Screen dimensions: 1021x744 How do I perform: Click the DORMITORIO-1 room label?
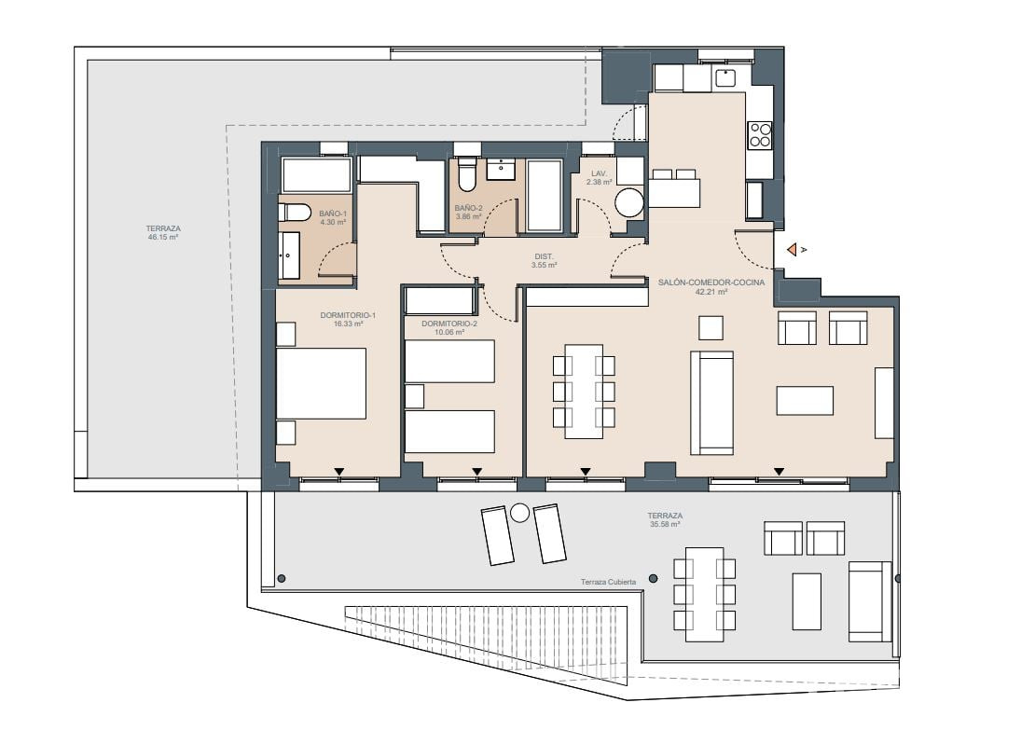pos(348,315)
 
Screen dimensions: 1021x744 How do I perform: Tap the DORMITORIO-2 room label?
pos(449,324)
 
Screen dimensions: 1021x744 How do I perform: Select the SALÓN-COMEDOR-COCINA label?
pos(711,282)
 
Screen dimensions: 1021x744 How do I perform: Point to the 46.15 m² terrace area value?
pos(163,238)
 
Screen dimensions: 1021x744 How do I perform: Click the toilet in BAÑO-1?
pos(293,213)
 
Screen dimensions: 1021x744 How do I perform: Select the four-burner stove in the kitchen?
pos(759,135)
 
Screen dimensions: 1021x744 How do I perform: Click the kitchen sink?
pos(724,78)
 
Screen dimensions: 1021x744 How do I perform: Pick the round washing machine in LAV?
pos(629,203)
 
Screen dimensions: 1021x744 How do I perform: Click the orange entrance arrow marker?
pos(792,249)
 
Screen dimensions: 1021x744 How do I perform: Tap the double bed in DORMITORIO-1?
pos(321,383)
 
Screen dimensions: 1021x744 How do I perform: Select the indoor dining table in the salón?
pos(584,392)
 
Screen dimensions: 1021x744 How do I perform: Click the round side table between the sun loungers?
pos(519,513)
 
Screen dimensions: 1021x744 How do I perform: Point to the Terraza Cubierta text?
pos(608,582)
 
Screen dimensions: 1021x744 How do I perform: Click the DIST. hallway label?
pos(544,257)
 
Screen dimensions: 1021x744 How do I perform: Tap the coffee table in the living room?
pos(805,400)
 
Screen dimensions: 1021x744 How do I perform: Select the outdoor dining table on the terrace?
pos(705,594)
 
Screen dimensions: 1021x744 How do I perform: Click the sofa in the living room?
pos(711,403)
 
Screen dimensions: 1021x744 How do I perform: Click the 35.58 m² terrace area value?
pos(666,524)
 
